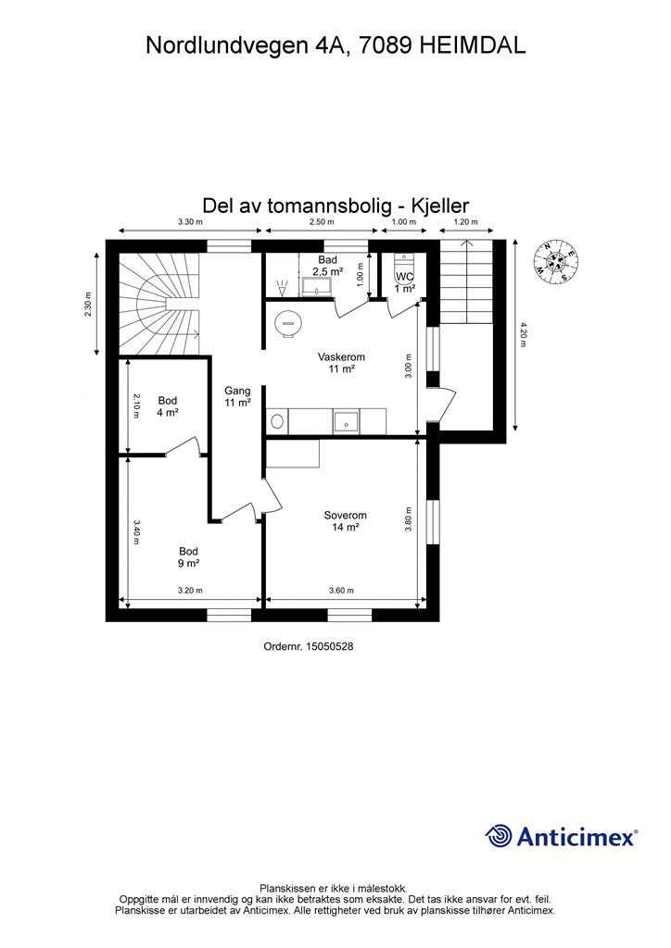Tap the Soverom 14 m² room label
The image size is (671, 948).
(x=345, y=521)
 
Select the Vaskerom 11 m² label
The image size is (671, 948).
(x=341, y=362)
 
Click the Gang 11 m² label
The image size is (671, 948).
(x=237, y=396)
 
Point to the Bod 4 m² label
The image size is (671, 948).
(x=168, y=406)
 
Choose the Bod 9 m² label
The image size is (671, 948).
(x=189, y=556)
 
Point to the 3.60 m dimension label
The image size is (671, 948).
(x=343, y=591)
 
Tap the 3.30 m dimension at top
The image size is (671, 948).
(x=189, y=222)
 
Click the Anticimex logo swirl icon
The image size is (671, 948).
(x=499, y=836)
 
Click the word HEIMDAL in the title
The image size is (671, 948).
(x=473, y=46)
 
